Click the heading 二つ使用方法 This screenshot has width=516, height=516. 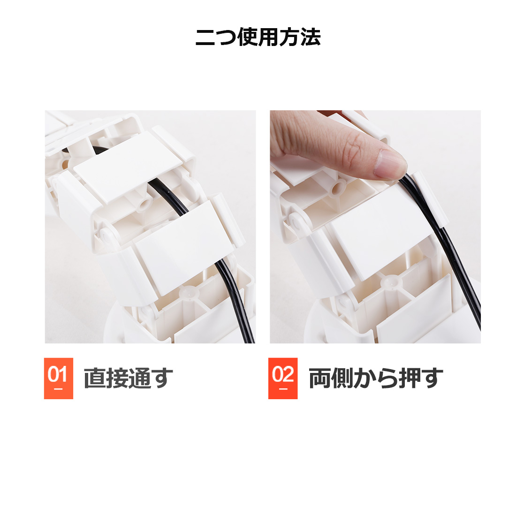258,38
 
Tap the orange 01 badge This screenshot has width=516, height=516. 59,378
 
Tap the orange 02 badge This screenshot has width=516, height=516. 283,378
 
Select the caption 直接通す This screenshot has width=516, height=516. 128,378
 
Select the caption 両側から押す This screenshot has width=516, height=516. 375,378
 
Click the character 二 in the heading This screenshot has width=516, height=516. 205,38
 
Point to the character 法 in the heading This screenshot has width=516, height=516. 311,38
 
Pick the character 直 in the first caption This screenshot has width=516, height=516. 94,378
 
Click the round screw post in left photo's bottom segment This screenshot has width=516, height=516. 189,293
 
